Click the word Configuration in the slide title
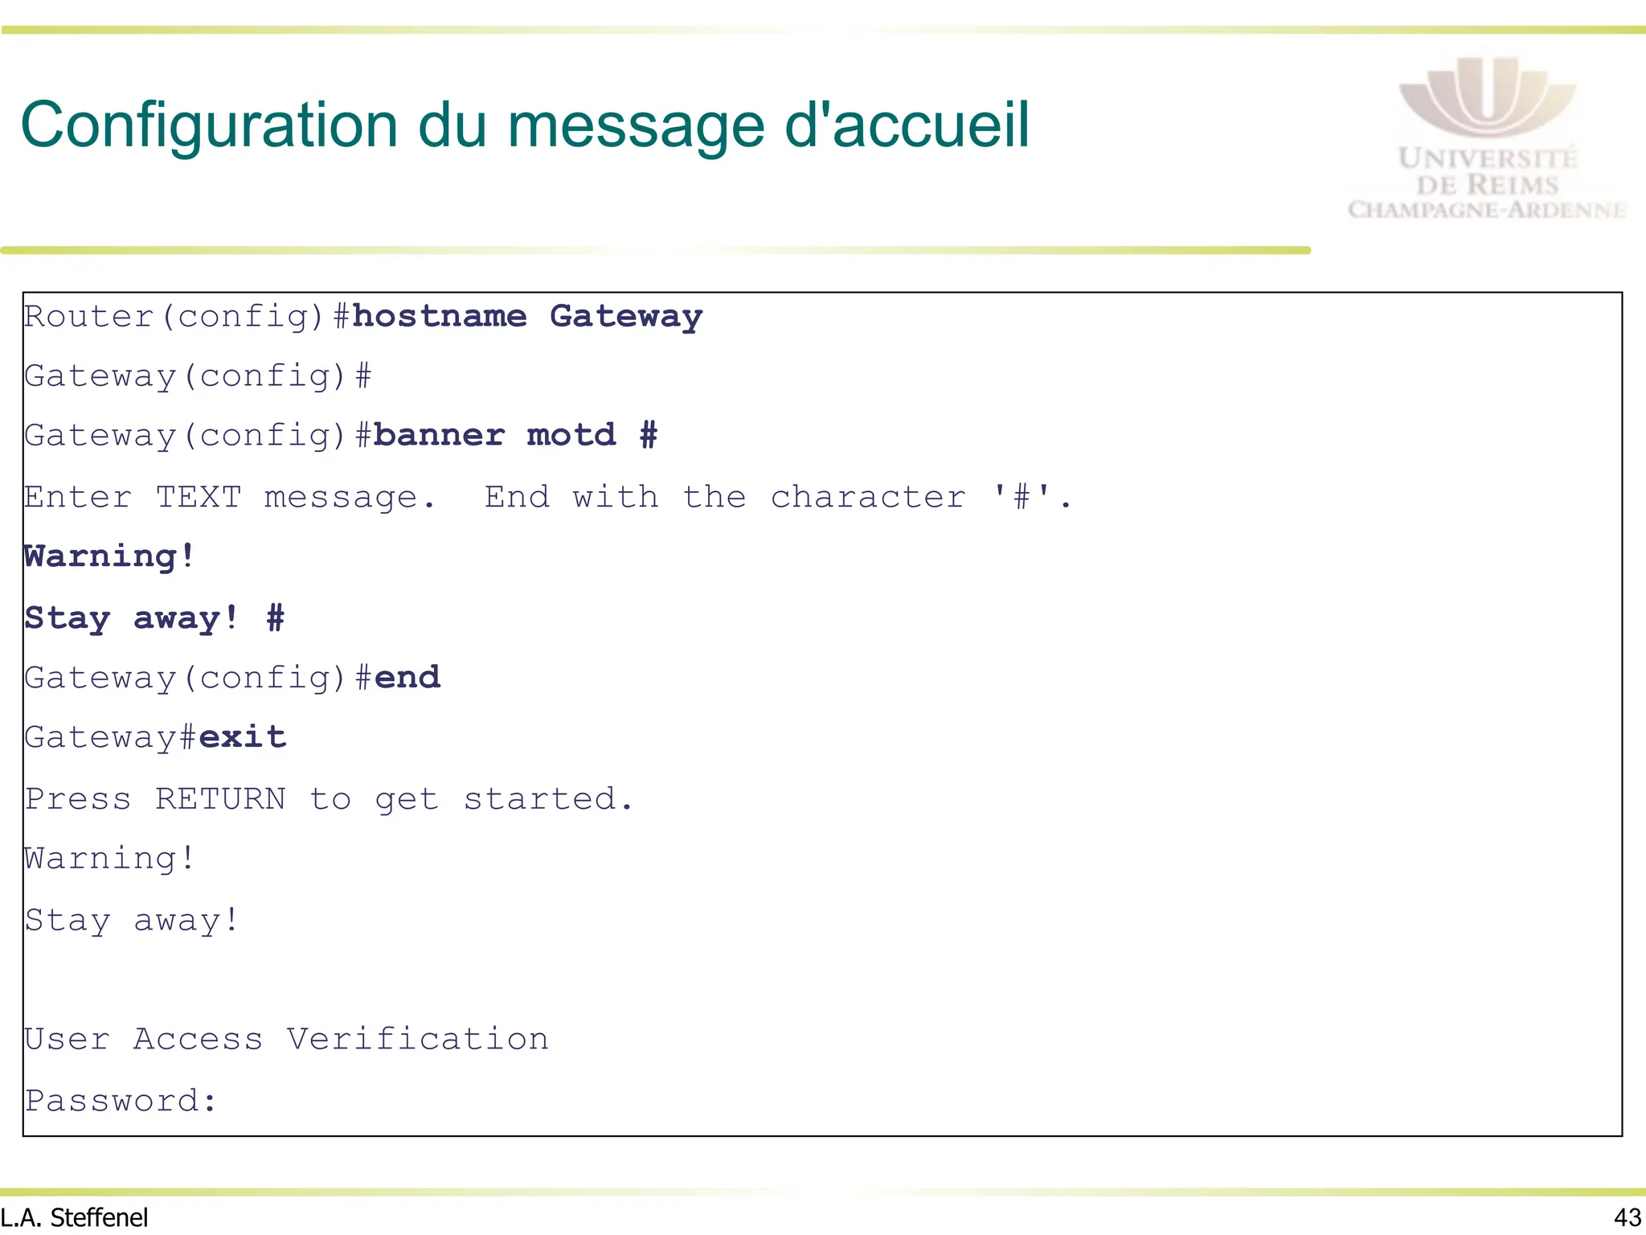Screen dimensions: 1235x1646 209,126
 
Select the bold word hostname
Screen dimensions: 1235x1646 440,316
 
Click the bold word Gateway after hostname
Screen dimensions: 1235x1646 626,316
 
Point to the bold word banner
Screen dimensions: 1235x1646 439,435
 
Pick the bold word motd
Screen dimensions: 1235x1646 571,435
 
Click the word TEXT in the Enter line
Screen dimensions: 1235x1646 199,497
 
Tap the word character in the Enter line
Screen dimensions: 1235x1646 868,497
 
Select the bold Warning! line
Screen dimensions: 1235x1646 109,556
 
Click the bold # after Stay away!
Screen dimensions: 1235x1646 275,617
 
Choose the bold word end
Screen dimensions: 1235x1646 407,677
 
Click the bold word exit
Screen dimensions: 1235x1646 243,736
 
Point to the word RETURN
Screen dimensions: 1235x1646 220,798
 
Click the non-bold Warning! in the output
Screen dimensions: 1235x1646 109,858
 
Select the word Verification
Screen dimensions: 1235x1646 418,1039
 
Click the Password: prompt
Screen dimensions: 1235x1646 121,1100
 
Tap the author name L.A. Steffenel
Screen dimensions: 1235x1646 74,1217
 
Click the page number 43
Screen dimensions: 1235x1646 1627,1217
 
